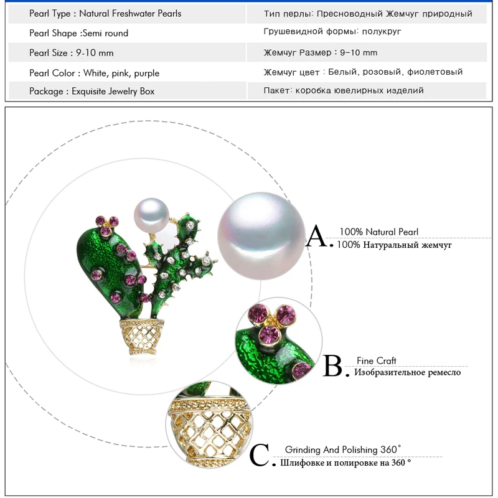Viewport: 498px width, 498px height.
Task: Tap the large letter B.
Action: point(334,367)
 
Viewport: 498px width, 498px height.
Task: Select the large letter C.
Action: point(260,456)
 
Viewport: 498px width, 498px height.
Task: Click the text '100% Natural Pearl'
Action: point(378,232)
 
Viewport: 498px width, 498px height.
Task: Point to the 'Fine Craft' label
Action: point(376,361)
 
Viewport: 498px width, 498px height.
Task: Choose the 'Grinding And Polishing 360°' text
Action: point(343,449)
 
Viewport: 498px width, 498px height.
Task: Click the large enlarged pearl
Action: point(261,238)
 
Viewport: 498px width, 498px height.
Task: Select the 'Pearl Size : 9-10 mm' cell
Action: point(72,53)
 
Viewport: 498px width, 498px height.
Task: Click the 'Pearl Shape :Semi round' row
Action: point(78,33)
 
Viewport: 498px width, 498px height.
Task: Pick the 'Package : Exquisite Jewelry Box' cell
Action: point(92,91)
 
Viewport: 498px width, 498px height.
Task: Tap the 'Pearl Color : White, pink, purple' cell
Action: point(94,73)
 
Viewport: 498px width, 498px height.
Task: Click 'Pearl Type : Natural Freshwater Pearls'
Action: point(105,13)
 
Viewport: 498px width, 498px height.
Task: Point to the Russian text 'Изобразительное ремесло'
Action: point(408,372)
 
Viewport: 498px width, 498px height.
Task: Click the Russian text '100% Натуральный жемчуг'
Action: point(394,245)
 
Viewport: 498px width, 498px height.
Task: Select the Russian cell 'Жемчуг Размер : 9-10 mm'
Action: point(320,53)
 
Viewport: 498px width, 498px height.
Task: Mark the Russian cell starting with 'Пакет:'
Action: point(344,90)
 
